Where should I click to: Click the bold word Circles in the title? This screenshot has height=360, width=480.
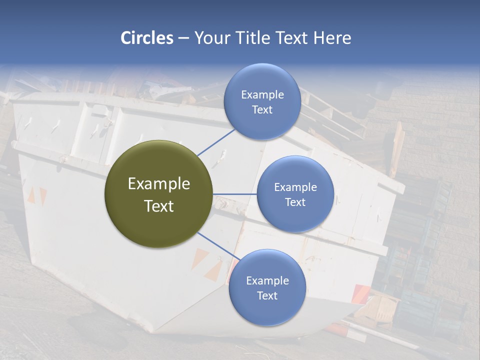pyautogui.click(x=147, y=38)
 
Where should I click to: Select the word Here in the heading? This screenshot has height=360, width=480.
pyautogui.click(x=332, y=38)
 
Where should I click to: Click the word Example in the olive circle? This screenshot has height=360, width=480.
pyautogui.click(x=159, y=184)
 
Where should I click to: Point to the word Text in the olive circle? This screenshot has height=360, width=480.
pyautogui.click(x=159, y=206)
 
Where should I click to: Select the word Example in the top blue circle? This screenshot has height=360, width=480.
pyautogui.click(x=262, y=95)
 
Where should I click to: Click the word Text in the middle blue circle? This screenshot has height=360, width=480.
pyautogui.click(x=295, y=202)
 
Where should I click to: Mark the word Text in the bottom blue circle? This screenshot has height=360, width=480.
pyautogui.click(x=267, y=295)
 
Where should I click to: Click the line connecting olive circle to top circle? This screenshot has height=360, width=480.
pyautogui.click(x=216, y=142)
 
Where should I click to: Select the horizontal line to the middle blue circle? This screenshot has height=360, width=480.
pyautogui.click(x=235, y=194)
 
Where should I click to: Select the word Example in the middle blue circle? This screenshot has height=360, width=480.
pyautogui.click(x=295, y=187)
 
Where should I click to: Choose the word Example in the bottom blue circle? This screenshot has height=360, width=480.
pyautogui.click(x=267, y=281)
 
